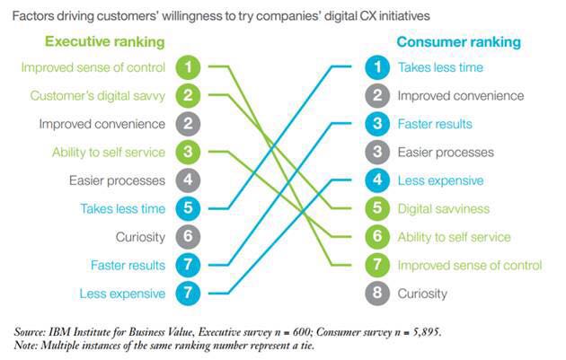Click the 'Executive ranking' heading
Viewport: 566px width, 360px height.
[105, 42]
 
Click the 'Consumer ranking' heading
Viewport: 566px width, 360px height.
[459, 42]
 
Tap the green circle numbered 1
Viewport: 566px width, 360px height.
[188, 67]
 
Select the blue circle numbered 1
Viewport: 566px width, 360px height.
[377, 67]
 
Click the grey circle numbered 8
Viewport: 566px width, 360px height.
[377, 294]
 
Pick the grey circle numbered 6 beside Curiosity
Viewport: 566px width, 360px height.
[188, 237]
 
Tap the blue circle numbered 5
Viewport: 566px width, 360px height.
[188, 208]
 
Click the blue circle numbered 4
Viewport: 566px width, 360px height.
[377, 180]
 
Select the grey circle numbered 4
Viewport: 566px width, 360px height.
[188, 180]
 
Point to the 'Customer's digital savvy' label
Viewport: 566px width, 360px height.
[97, 96]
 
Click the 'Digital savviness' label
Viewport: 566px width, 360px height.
[444, 209]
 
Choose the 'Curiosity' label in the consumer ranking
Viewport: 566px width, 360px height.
[422, 294]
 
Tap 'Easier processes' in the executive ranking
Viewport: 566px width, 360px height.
[117, 180]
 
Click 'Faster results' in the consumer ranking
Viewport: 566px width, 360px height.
[435, 124]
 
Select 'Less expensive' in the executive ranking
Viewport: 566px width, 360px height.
[122, 294]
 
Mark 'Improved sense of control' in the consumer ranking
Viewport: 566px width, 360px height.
[470, 266]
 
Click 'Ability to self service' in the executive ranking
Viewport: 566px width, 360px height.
[109, 153]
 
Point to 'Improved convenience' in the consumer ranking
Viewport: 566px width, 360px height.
[461, 96]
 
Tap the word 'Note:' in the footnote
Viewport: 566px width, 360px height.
[26, 346]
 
